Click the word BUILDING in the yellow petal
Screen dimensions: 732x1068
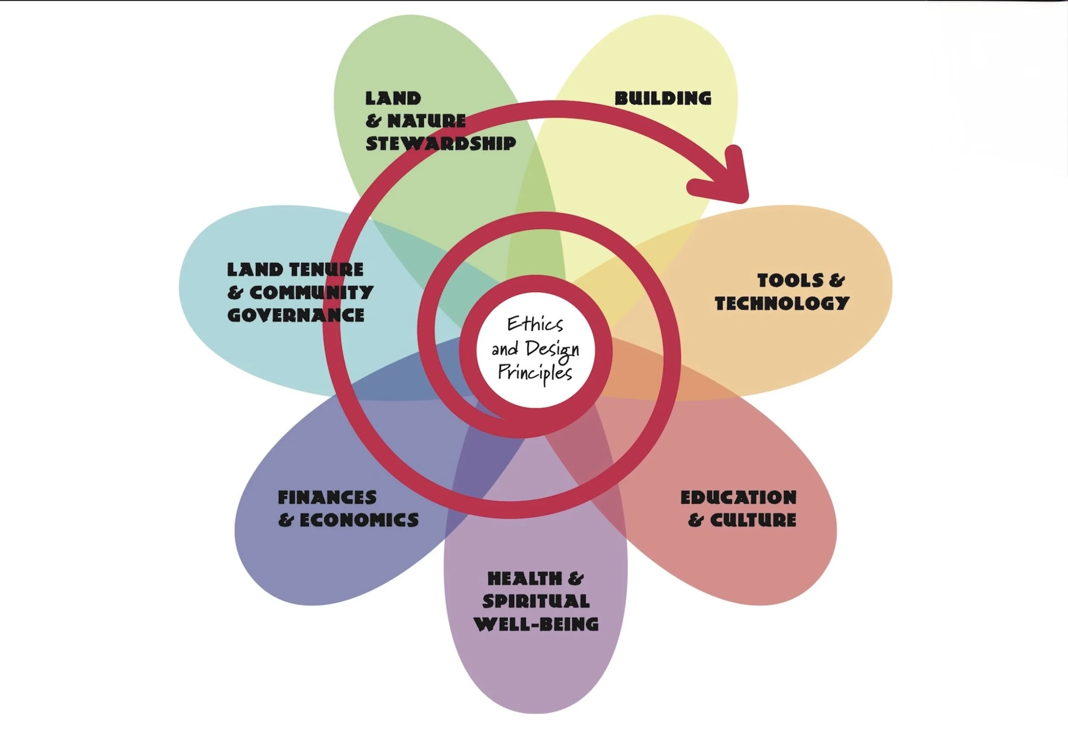(x=663, y=98)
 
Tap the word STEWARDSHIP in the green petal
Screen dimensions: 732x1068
(x=440, y=144)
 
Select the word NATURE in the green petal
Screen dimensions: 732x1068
(x=426, y=121)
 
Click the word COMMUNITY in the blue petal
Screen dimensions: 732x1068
(x=311, y=293)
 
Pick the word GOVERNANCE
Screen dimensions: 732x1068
(x=296, y=315)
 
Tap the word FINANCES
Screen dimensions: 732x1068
(x=327, y=497)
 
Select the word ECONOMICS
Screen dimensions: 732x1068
(x=359, y=520)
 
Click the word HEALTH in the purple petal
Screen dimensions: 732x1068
(x=524, y=579)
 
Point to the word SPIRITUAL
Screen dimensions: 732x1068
(x=536, y=601)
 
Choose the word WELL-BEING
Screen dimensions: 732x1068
(x=536, y=624)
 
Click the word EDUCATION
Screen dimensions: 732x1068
(x=738, y=497)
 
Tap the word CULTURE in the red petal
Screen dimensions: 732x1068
(x=753, y=520)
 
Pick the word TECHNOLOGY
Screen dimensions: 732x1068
(x=782, y=303)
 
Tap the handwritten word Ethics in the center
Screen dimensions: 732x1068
(x=535, y=325)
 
